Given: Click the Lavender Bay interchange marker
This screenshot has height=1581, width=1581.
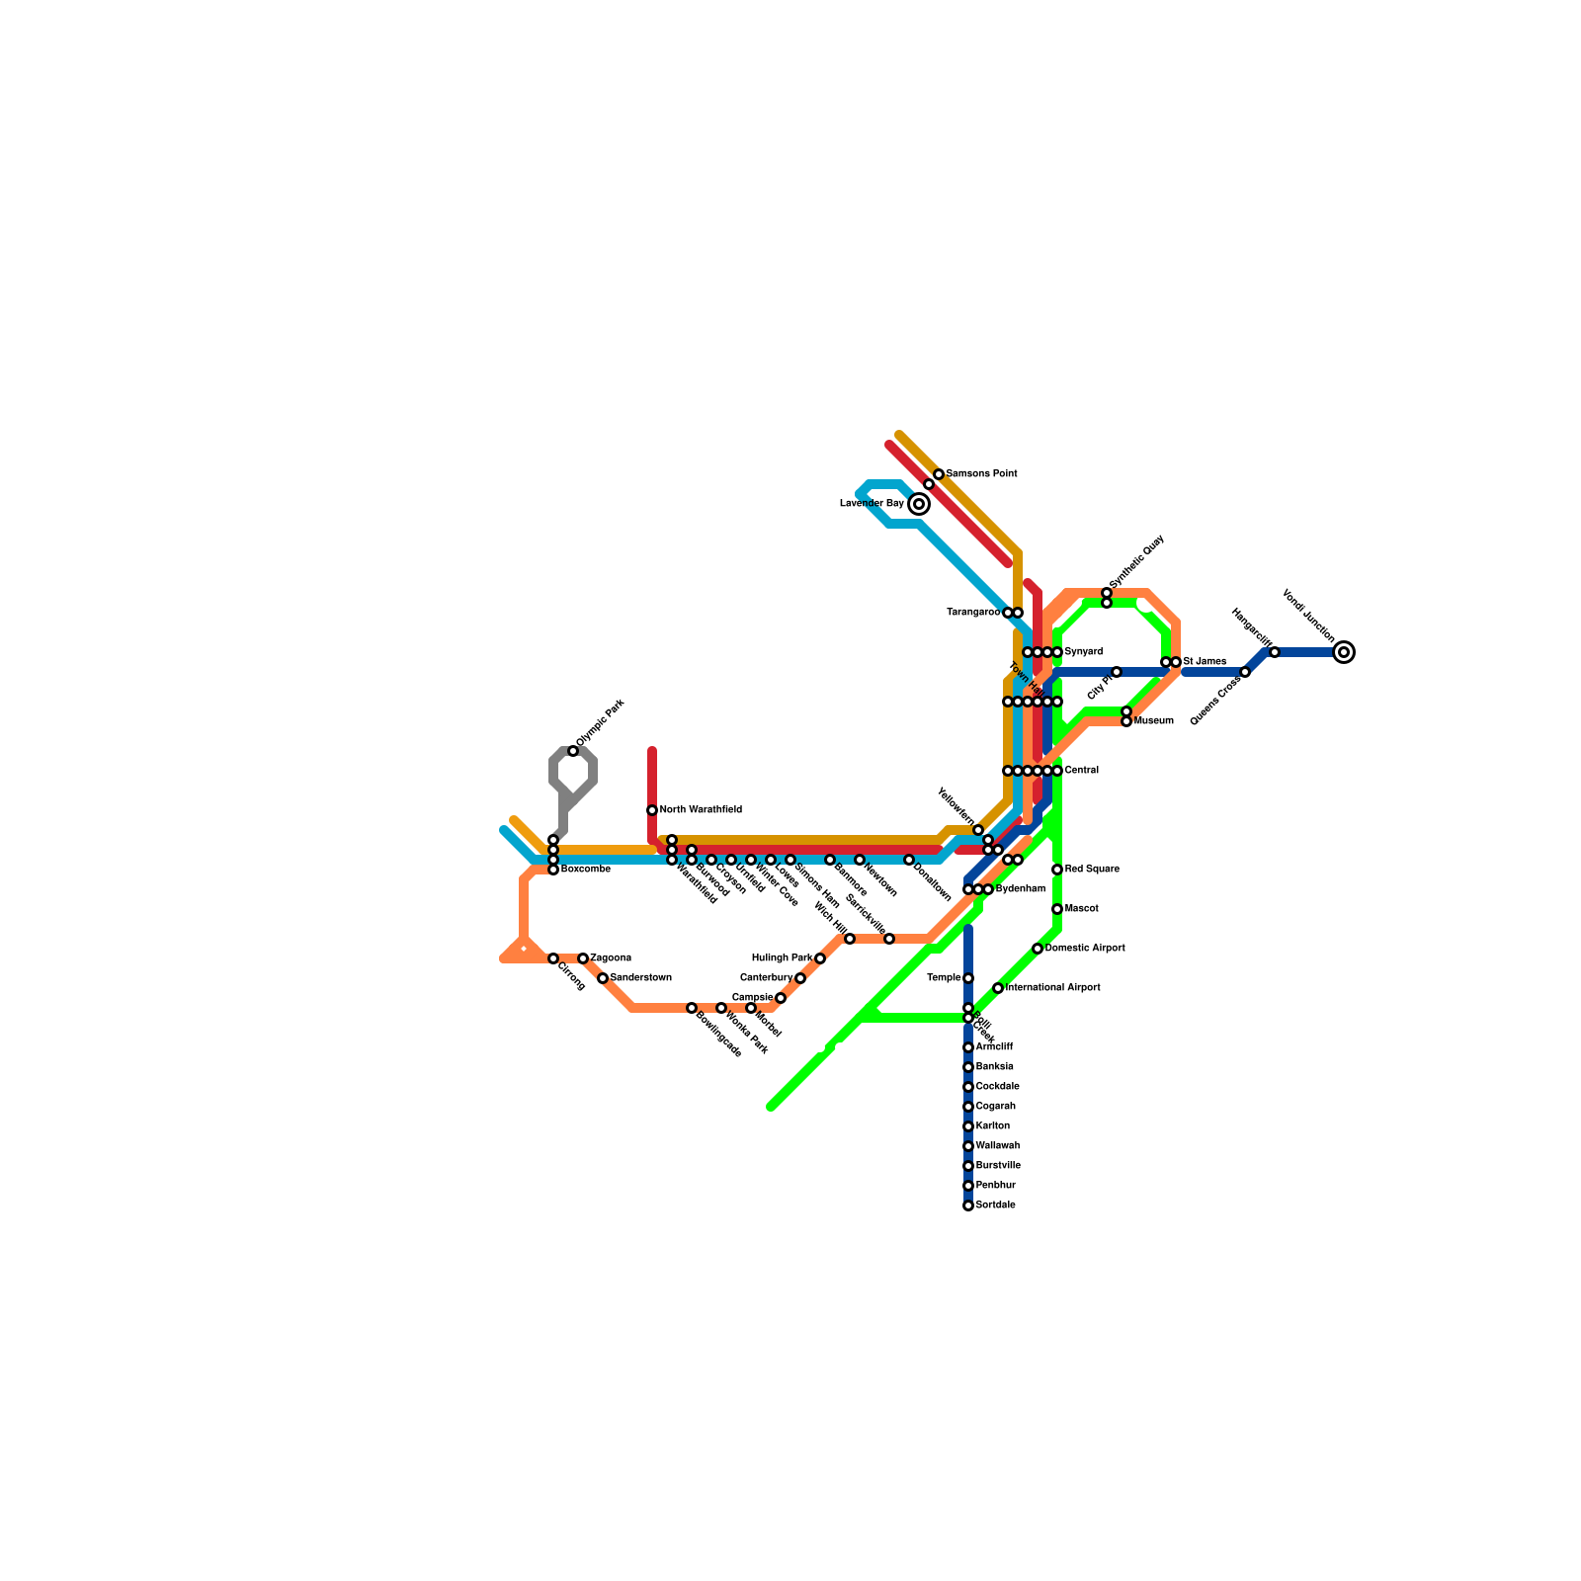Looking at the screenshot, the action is click(x=919, y=504).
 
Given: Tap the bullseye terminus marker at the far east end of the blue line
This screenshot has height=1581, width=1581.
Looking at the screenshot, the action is click(x=1344, y=652).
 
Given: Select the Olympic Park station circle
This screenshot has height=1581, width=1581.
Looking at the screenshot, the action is click(x=573, y=752).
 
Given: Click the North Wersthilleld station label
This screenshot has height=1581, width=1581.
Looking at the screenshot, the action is click(x=701, y=810).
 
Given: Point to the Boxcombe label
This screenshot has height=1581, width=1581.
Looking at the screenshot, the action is click(x=585, y=870).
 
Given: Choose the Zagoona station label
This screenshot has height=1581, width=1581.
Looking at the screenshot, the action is click(x=611, y=958).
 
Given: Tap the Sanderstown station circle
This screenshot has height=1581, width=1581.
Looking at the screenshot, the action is click(x=603, y=978).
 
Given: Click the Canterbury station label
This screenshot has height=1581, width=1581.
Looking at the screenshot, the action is click(x=766, y=978).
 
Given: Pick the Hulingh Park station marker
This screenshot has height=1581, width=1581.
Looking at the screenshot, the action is click(x=820, y=958).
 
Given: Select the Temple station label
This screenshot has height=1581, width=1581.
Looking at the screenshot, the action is click(x=944, y=978).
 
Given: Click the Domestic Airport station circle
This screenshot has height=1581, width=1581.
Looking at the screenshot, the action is click(x=1038, y=949).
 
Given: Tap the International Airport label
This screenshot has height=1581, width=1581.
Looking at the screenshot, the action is click(x=1052, y=988).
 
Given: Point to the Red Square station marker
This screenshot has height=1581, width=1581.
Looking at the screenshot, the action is click(x=1057, y=870).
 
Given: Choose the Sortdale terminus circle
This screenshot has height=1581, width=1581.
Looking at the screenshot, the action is click(x=968, y=1206).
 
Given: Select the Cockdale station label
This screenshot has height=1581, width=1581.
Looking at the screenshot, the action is click(x=997, y=1087).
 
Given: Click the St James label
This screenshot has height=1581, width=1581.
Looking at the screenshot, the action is click(x=1205, y=662).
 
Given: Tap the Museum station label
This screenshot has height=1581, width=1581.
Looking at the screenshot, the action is click(x=1153, y=721).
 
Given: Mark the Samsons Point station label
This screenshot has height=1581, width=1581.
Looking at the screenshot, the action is click(x=981, y=474).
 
